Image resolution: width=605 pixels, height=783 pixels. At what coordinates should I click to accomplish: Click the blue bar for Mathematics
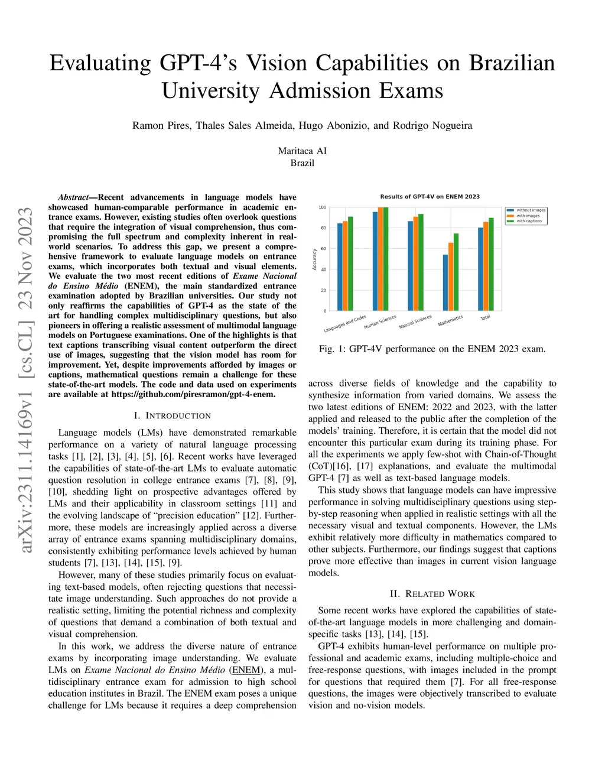(x=445, y=282)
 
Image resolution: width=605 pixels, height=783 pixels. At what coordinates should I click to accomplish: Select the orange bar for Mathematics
(x=451, y=277)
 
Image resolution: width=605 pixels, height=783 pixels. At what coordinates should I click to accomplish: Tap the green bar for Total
(x=491, y=264)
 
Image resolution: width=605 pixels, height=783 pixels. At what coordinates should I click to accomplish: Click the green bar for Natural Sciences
(x=421, y=262)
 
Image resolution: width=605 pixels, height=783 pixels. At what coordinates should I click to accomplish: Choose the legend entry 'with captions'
(x=529, y=221)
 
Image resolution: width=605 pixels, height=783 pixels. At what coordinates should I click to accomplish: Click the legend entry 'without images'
(x=531, y=210)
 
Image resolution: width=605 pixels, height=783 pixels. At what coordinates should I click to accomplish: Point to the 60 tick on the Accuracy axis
(x=323, y=249)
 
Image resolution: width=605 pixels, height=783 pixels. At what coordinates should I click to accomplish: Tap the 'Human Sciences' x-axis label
(x=380, y=322)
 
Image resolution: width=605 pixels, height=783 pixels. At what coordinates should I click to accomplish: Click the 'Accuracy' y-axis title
(x=315, y=259)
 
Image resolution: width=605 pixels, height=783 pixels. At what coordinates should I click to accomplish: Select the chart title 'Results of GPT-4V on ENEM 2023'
(x=430, y=197)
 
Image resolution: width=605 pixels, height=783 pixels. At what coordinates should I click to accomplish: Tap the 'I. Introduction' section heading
(x=172, y=416)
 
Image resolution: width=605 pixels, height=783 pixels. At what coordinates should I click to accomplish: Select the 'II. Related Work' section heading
(x=432, y=594)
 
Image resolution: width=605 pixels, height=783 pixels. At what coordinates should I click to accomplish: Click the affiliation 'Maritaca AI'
(x=302, y=151)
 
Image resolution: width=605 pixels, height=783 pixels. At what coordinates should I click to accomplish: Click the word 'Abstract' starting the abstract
(x=72, y=197)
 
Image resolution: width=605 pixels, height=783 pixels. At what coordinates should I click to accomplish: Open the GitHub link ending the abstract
(x=193, y=394)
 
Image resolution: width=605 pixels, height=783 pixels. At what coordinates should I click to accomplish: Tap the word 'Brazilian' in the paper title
(x=512, y=63)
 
